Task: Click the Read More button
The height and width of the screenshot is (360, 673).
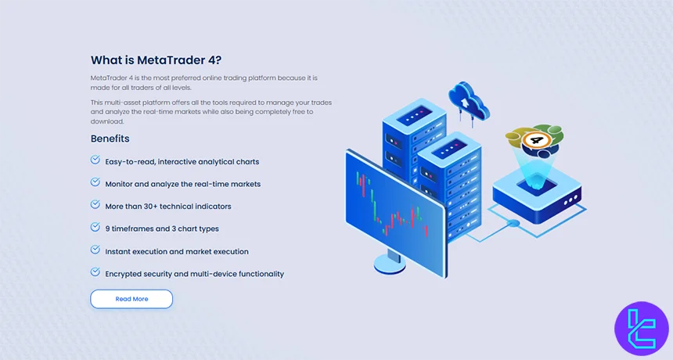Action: coord(131,299)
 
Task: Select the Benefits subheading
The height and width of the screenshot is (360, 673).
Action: coord(110,139)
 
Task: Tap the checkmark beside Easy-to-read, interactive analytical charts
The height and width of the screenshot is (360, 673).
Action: coord(95,160)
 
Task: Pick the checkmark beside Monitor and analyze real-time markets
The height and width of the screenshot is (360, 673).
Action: coord(95,183)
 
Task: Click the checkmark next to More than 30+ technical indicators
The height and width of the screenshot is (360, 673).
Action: coord(95,206)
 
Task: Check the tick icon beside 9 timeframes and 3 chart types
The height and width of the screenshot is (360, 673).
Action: coord(95,228)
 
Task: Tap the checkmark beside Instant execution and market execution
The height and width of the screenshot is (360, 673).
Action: coord(95,250)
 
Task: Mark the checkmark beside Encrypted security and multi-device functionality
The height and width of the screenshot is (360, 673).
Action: coord(95,273)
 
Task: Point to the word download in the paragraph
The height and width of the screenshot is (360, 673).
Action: coord(107,121)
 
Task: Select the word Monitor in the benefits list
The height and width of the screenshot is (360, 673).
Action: coord(121,184)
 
